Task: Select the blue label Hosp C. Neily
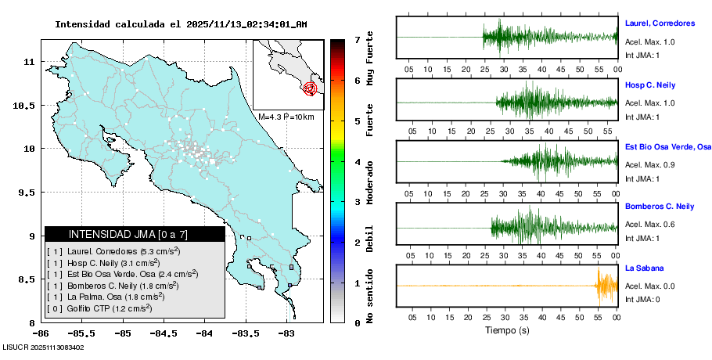tap(649, 85)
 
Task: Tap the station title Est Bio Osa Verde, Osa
tap(667, 146)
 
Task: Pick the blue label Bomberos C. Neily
tap(660, 207)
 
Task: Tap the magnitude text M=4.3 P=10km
tap(286, 117)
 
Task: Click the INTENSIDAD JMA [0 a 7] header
tap(135, 234)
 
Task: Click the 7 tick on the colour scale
tap(357, 39)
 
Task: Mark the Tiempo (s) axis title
tap(507, 330)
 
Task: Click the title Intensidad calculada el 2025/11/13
tap(181, 24)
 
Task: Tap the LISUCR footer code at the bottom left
tap(43, 347)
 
